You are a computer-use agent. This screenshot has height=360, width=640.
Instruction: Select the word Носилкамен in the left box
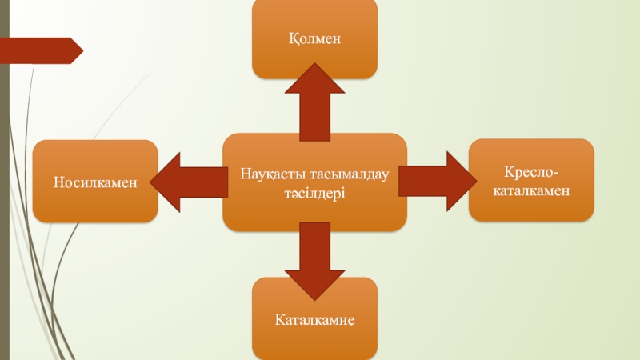point(95,182)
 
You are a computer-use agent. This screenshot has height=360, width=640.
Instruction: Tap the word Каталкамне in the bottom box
point(314,318)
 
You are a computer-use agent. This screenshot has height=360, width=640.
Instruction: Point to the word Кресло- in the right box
point(531,172)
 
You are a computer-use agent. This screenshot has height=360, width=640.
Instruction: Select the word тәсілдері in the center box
point(314,193)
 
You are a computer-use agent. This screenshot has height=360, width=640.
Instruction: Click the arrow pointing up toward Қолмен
point(314,100)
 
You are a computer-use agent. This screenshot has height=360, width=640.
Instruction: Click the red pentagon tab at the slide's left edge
point(44,50)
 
